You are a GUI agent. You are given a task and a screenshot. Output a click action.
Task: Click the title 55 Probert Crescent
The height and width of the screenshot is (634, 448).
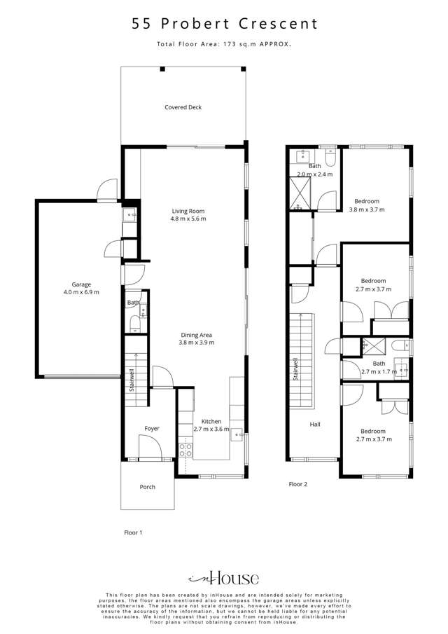coord(225,23)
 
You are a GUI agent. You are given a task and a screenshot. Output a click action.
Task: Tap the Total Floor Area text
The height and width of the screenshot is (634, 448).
coord(225,44)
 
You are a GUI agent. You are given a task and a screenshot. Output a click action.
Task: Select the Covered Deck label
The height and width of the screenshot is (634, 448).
coord(183,107)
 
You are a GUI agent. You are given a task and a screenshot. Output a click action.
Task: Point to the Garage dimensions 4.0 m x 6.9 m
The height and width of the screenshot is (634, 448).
coord(81,292)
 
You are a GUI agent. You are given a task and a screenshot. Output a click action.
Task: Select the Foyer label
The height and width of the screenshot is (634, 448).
coord(152,428)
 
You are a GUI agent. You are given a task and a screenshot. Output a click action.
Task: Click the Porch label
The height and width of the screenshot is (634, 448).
coord(147,487)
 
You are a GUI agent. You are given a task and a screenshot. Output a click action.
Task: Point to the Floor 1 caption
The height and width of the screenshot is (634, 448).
coord(133,532)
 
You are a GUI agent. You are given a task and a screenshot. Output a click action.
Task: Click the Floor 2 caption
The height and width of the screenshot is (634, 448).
coord(298,484)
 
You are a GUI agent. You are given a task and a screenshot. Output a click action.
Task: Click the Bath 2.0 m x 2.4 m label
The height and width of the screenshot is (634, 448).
coord(315,170)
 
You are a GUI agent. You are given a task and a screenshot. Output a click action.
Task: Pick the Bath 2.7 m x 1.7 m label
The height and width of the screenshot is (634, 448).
coord(379,368)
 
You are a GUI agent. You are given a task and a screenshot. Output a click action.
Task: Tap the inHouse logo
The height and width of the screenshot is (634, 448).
coord(224,578)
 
